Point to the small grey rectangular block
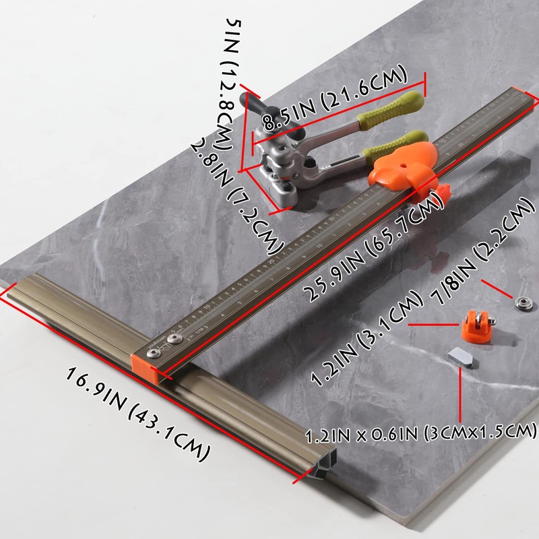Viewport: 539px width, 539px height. [460, 356]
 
